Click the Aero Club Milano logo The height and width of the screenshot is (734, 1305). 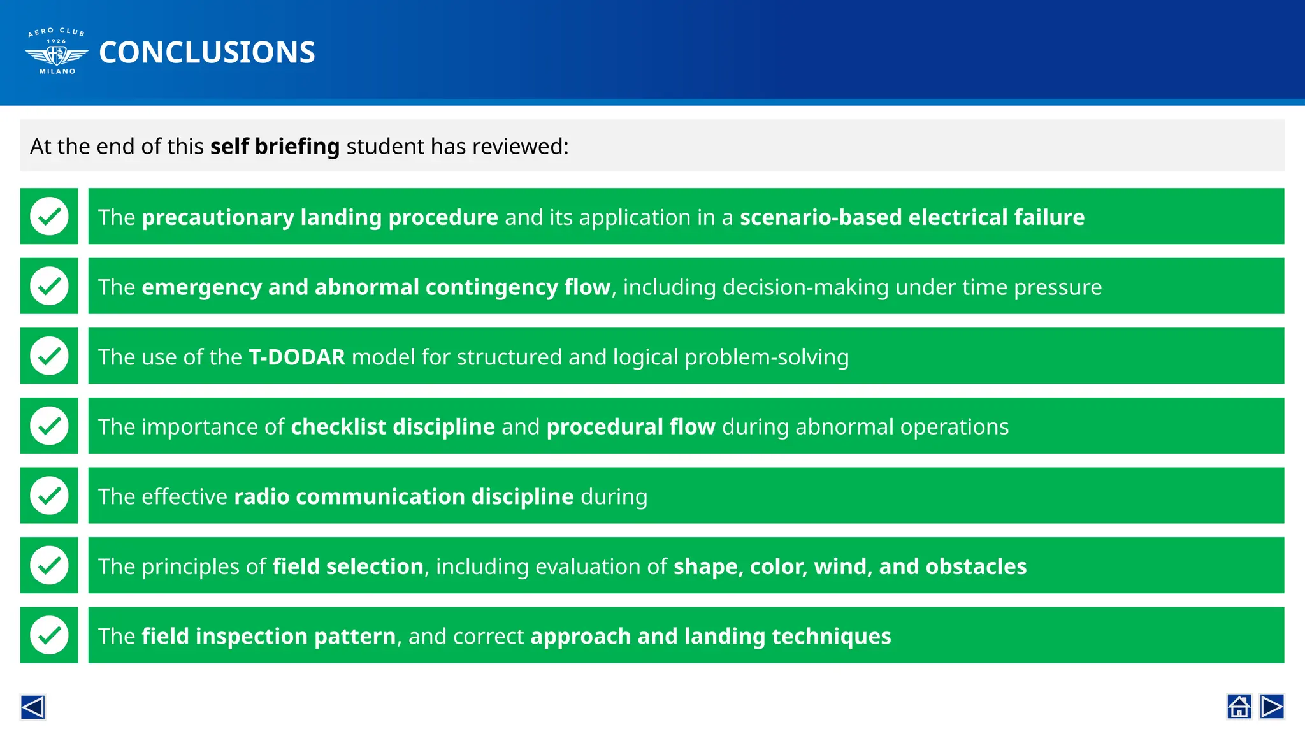tap(57, 52)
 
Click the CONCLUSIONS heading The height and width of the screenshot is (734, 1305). tap(207, 53)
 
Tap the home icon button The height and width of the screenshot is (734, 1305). tap(1239, 707)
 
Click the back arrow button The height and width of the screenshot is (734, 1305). tap(32, 707)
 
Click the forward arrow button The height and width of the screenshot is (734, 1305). tap(1272, 707)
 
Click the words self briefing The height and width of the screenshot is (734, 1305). tap(275, 147)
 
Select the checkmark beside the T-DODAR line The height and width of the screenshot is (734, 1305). tap(49, 356)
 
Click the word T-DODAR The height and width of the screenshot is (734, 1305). tap(296, 357)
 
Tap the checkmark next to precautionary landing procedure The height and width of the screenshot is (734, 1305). tap(49, 216)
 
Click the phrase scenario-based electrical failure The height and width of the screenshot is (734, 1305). tap(912, 217)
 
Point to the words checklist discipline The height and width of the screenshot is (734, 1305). tap(393, 427)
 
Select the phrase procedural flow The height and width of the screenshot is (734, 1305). tap(631, 427)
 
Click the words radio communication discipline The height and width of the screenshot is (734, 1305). tap(403, 497)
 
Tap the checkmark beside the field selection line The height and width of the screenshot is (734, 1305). tap(49, 565)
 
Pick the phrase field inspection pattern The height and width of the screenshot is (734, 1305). tap(268, 637)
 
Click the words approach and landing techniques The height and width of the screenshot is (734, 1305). tap(710, 637)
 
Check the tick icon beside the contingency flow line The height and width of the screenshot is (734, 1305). tap(49, 286)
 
